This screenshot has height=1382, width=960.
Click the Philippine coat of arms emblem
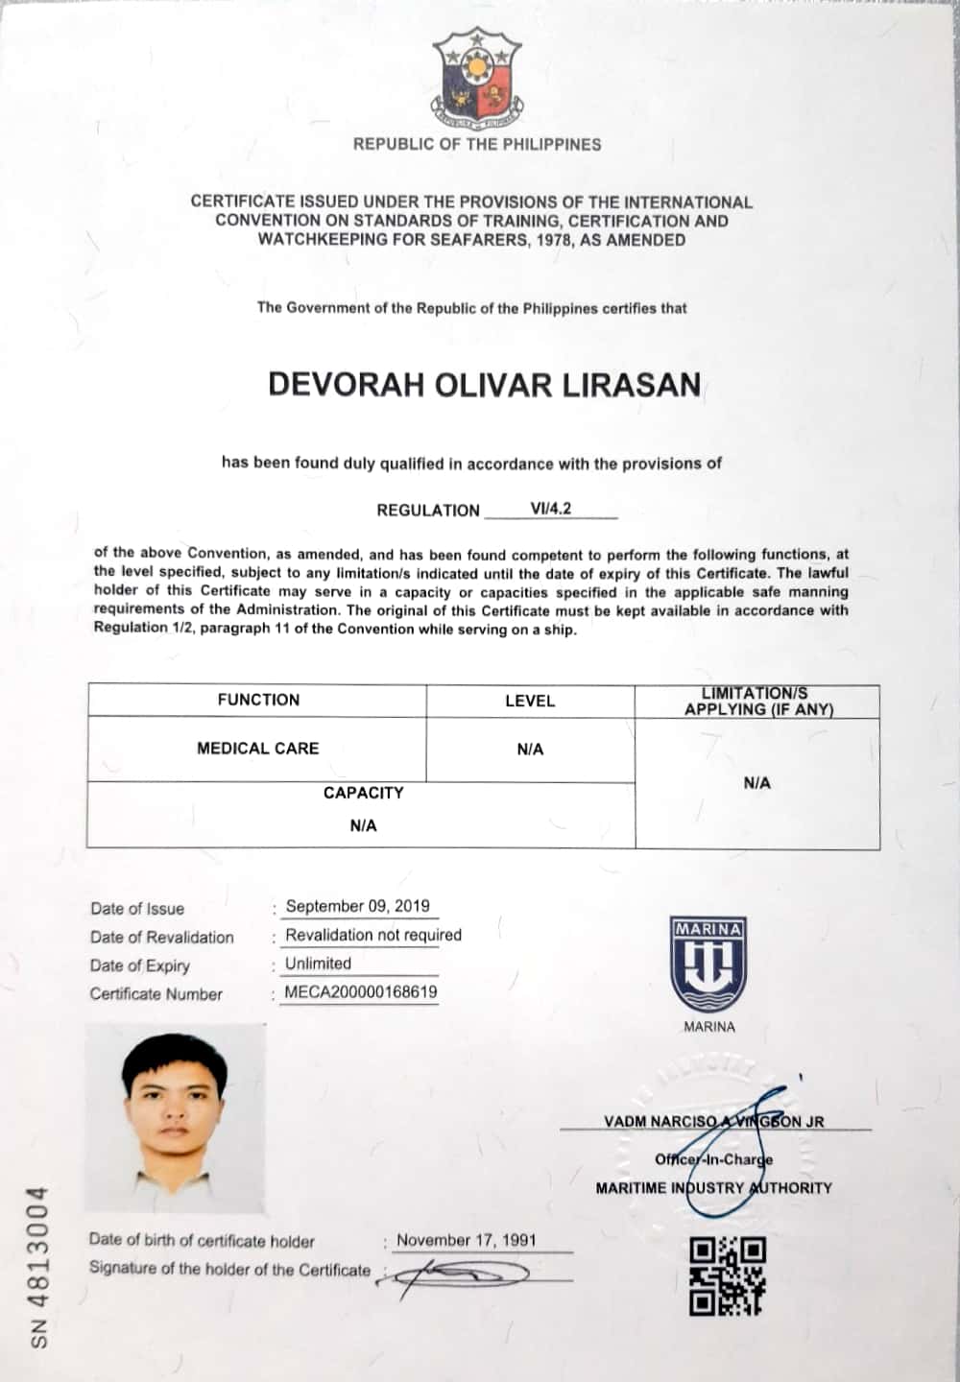(x=477, y=78)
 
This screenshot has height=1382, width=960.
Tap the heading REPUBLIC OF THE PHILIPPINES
(x=477, y=145)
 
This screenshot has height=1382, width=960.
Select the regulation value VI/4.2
(x=551, y=509)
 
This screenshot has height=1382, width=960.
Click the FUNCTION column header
(x=258, y=700)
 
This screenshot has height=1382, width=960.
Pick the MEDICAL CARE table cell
(x=257, y=749)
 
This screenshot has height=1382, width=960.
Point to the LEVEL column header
(x=530, y=701)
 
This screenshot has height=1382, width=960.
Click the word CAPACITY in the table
(x=363, y=793)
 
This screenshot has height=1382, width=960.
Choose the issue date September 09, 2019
(x=357, y=906)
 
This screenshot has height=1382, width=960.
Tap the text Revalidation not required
(x=373, y=935)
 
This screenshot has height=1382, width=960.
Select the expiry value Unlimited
(x=318, y=964)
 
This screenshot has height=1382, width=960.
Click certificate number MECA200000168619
(x=360, y=992)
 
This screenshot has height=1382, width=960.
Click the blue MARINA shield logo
(x=708, y=964)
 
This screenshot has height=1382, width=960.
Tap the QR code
(x=727, y=1275)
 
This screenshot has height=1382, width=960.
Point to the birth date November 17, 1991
(x=467, y=1240)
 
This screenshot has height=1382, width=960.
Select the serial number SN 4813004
(x=38, y=1266)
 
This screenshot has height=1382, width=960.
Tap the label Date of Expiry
(x=140, y=965)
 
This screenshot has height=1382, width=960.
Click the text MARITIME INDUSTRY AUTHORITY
(x=713, y=1188)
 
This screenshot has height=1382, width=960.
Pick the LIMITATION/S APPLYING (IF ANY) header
(x=757, y=702)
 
